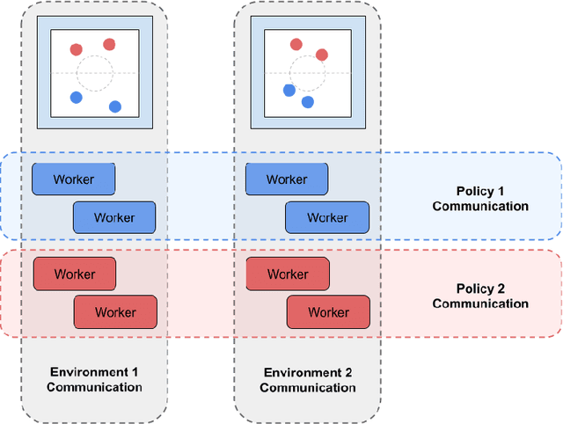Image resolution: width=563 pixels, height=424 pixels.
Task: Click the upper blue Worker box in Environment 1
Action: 74,179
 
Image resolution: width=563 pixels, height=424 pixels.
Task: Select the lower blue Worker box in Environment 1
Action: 114,217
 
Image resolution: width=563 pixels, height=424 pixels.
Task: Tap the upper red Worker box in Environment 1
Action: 74,274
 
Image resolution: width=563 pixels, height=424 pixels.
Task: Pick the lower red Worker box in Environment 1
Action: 115,311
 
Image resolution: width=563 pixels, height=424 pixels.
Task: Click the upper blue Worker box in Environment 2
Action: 287,179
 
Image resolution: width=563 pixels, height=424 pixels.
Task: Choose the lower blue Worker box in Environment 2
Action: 327,217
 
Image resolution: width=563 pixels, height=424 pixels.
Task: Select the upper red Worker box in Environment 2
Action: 288,274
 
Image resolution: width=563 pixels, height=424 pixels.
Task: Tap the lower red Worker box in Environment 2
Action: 328,311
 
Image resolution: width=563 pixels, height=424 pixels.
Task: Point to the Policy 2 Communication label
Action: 480,296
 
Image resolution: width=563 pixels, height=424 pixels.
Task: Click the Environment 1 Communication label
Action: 94,380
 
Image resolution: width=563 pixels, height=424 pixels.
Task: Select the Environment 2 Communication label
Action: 307,380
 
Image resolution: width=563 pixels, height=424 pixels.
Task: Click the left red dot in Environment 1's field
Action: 76,50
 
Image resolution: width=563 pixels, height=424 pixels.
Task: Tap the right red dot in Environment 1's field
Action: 109,44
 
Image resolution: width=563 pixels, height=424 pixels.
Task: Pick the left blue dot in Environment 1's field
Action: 76,97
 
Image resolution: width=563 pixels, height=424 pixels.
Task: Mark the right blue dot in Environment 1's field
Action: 114,106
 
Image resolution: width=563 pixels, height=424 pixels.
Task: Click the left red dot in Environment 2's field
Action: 296,44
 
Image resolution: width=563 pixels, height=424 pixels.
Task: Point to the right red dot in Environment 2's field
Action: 322,55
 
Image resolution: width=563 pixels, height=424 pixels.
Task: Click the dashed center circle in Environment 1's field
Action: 94,73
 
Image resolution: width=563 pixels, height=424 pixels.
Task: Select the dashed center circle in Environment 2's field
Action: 307,73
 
